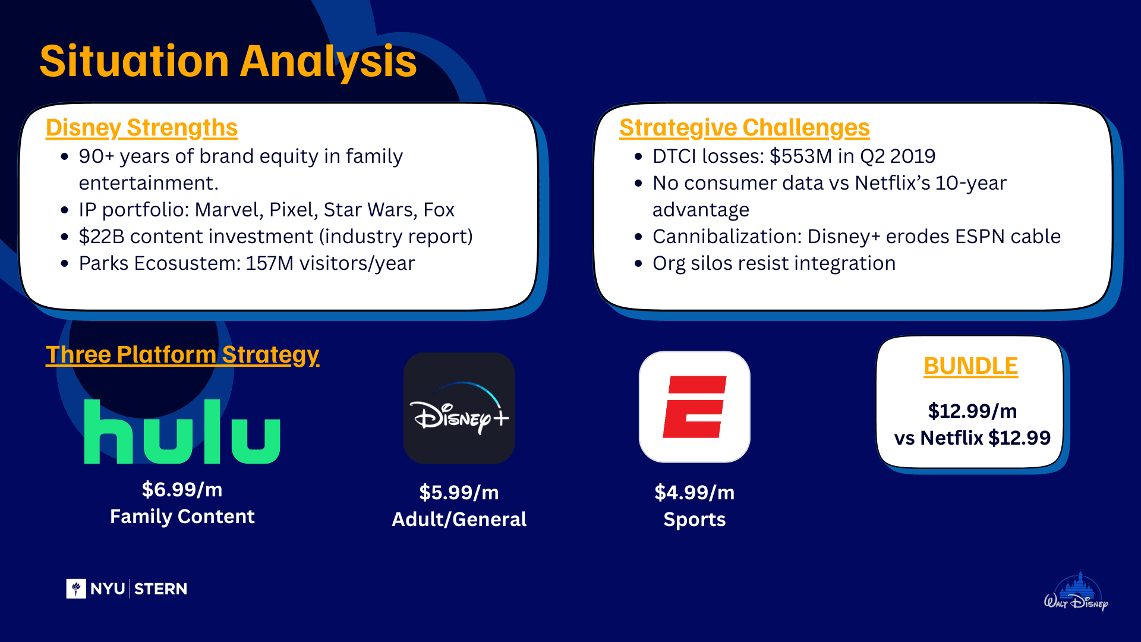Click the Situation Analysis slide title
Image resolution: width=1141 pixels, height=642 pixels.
coord(228,61)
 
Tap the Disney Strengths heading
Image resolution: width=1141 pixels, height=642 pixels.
coord(141,128)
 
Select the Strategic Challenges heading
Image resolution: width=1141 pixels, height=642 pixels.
coord(744,128)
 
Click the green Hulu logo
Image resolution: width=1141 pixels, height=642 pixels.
coord(182,431)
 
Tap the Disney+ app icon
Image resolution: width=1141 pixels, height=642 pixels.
coord(459,408)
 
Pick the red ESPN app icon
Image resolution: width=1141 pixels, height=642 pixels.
coord(694,407)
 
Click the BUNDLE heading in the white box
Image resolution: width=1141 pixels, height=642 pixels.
coord(970,366)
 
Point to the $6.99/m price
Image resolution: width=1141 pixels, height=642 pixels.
coord(182,489)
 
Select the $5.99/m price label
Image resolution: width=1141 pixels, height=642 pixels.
coord(459,492)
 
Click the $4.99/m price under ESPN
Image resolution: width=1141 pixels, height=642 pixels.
coord(694,492)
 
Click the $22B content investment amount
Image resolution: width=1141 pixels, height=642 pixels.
coord(102,237)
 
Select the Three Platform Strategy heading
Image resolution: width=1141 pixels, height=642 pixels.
coord(182,355)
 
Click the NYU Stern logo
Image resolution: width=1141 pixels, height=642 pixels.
coord(127,588)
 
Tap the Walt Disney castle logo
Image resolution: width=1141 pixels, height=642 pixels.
coord(1076,592)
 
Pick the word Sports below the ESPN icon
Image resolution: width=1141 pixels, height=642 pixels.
coord(694,520)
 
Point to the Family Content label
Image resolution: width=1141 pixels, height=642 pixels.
coord(182,517)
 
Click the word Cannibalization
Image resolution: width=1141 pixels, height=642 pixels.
coord(727,237)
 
